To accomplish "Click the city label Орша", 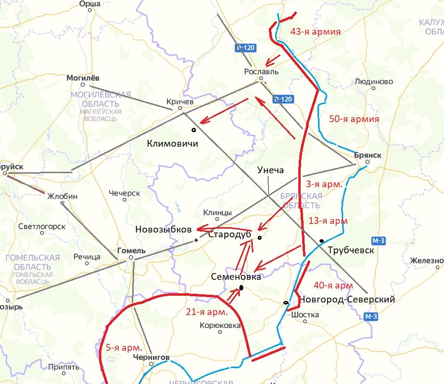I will point(90,4).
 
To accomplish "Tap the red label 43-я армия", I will point(316,32).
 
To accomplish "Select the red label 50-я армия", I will point(354,119).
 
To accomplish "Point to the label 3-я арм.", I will point(324,184).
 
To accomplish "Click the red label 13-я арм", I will point(328,221).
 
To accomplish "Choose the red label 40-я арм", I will point(333,285).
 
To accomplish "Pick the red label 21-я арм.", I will point(207,312).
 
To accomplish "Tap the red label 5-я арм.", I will point(124,347).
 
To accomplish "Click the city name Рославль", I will point(262,71).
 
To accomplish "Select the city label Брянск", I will point(367,155).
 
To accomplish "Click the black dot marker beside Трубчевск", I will point(321,241).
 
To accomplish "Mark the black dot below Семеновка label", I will point(241,288).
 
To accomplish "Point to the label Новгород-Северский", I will point(347,300).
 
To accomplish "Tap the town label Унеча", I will point(271,170).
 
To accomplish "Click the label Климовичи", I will point(173,143).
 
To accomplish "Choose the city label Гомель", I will point(131,251).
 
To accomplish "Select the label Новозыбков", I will point(164,229).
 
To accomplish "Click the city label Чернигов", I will point(152,357).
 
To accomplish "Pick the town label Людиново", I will point(373,82).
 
